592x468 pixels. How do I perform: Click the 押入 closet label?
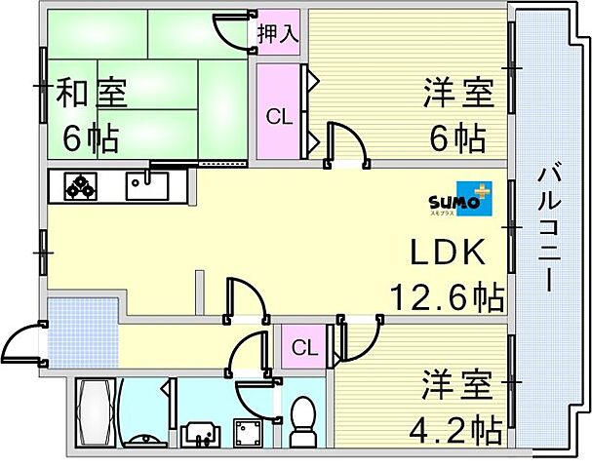278,34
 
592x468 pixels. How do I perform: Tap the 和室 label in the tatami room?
91,92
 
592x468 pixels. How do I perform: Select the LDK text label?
448,253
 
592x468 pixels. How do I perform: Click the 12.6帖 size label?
448,297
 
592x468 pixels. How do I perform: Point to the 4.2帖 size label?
456,430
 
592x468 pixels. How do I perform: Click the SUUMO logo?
460,199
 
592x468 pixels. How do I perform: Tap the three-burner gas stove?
80,186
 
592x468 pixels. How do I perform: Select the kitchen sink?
147,186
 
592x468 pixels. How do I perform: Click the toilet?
302,422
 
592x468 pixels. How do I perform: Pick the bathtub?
96,412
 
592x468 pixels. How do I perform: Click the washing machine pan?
248,433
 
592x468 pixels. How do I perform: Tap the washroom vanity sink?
201,435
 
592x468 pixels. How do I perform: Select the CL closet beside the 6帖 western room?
279,112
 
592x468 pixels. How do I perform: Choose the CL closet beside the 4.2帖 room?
304,347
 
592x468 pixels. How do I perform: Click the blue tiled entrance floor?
84,332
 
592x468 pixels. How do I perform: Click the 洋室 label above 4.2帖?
457,385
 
